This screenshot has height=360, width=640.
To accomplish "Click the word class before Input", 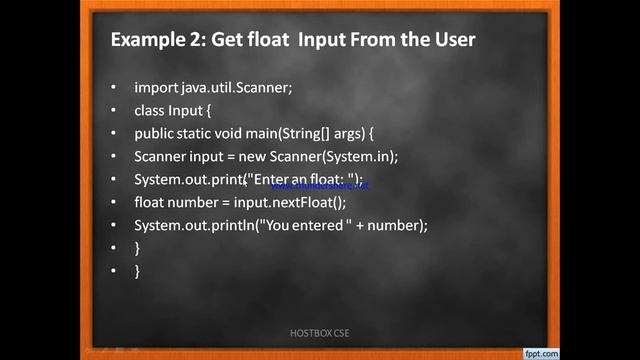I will point(151,110).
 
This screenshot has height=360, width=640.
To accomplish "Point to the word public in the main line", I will point(155,133).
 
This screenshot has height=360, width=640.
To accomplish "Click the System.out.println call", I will point(194,225).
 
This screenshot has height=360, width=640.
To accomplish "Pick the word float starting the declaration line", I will point(151,202).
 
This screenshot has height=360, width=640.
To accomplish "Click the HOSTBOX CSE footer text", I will point(320,332).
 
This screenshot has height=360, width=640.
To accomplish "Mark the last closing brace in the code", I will point(137,271).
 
